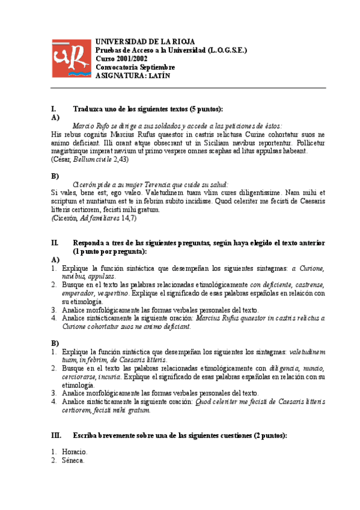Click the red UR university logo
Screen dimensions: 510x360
(69, 58)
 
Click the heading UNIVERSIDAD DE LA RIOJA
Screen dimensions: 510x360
(145, 41)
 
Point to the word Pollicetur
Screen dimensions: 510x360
(307, 143)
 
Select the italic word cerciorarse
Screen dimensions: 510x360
(72, 376)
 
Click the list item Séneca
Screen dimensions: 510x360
(73, 460)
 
